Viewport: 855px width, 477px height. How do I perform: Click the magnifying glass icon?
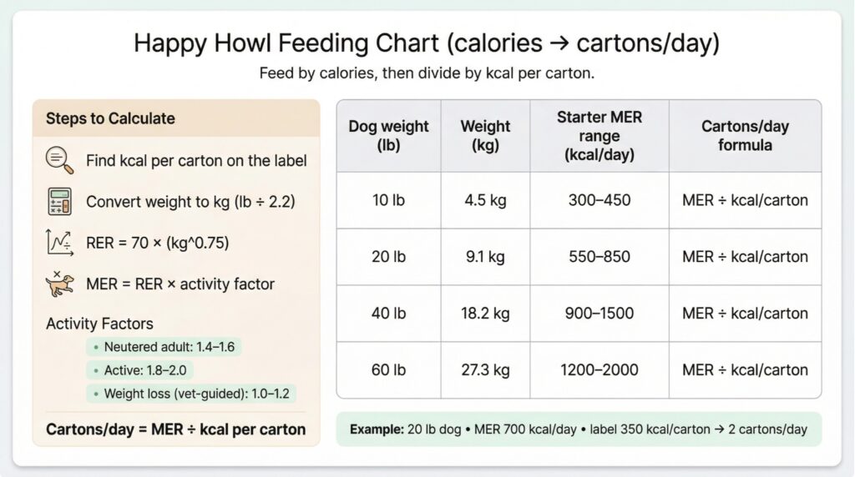[59, 159]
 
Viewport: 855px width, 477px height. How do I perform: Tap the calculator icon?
[59, 201]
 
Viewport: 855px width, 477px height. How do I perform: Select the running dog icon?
[59, 284]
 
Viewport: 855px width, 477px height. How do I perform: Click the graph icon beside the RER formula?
[59, 243]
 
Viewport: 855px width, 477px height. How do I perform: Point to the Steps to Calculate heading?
[110, 118]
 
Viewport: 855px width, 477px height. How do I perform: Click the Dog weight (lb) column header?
[388, 136]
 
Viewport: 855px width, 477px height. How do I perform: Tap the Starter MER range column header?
[600, 136]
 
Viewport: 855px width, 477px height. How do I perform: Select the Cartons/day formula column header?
[745, 136]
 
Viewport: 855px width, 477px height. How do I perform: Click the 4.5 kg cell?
[485, 200]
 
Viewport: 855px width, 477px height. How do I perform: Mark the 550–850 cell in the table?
[600, 257]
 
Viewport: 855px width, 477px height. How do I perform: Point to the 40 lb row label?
[388, 314]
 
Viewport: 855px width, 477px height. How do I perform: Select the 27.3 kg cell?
[485, 369]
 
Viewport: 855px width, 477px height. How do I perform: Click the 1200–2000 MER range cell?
[600, 369]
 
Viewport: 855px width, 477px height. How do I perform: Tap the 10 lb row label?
[388, 200]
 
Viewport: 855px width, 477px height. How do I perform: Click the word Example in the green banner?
[376, 429]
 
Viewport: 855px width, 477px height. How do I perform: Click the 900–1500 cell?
[600, 314]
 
